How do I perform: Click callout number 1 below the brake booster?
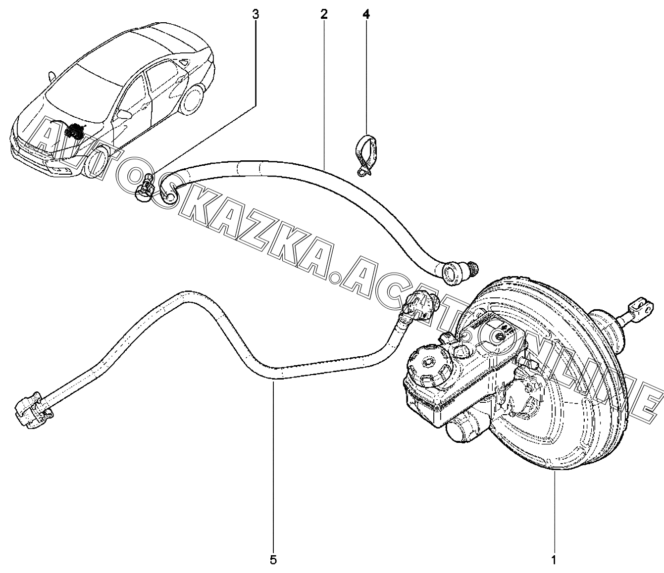(554, 560)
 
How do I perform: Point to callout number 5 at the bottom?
(273, 560)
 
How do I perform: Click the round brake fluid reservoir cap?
(426, 367)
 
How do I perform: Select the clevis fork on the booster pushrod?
(639, 308)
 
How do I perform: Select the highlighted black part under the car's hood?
(75, 132)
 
